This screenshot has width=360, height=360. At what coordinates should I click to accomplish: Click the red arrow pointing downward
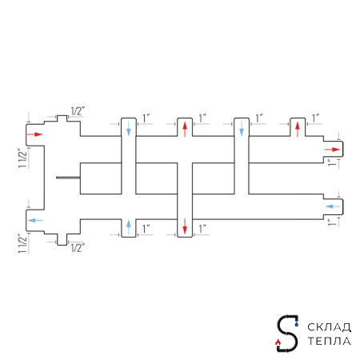[x=185, y=226]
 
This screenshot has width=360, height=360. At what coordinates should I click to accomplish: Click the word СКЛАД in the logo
[x=329, y=327]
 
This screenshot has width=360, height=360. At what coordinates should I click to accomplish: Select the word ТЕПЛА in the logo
[x=329, y=341]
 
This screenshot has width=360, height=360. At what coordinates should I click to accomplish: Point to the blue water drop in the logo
[x=297, y=324]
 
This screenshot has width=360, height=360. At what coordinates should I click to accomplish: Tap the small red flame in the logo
[x=278, y=342]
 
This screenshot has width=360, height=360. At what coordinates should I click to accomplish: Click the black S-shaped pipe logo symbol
[x=287, y=334]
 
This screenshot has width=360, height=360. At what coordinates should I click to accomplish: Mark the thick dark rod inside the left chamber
[x=68, y=178]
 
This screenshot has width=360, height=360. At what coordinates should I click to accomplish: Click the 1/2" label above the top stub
[x=78, y=111]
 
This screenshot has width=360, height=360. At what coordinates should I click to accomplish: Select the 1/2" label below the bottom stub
[x=78, y=248]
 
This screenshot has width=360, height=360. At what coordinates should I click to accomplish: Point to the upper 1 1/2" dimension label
[x=22, y=158]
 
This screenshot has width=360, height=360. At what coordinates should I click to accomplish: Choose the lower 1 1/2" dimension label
[x=22, y=243]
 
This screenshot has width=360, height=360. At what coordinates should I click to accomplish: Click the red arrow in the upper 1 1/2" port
[x=35, y=134]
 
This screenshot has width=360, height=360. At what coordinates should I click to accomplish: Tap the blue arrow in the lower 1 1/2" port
[x=35, y=220]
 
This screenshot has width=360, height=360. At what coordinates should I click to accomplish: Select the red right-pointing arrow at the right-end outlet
[x=333, y=150]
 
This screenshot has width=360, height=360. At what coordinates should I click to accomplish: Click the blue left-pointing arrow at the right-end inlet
[x=333, y=206]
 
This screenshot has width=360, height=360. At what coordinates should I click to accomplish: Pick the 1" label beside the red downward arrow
[x=202, y=229]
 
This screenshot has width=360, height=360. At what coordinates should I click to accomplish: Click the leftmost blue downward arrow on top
[x=129, y=129]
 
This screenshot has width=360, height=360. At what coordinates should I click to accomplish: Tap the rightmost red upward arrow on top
[x=298, y=130]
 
